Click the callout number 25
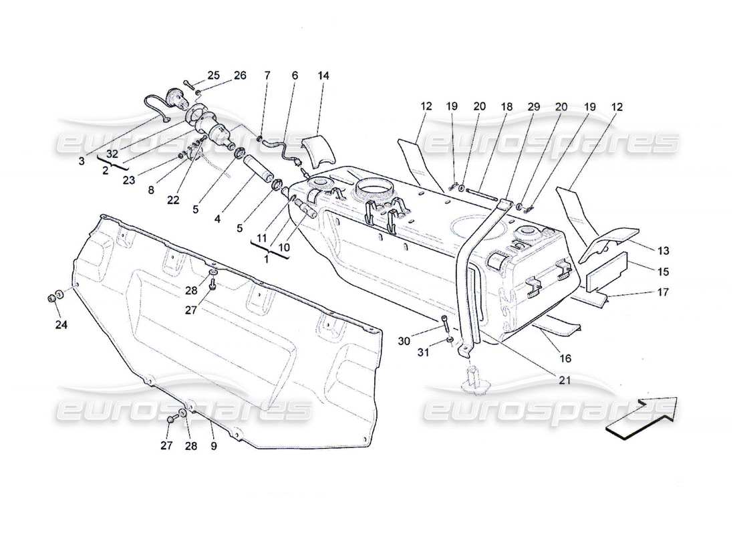pos(212,76)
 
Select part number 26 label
pos(239,76)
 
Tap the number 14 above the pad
pos(323,76)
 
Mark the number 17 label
pos(664,292)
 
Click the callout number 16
pos(565,359)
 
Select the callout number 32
pos(112,153)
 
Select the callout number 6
pos(294,76)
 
